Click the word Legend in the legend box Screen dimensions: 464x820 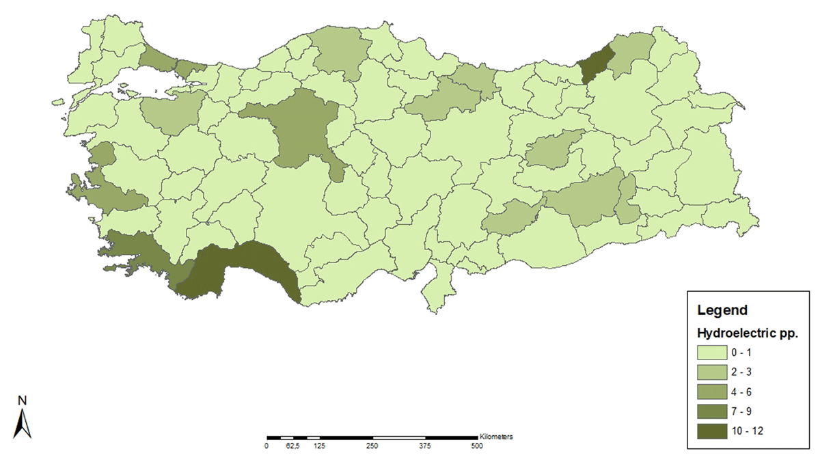click(722, 310)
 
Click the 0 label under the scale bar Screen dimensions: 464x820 click(266, 446)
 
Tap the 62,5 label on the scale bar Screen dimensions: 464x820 click(292, 446)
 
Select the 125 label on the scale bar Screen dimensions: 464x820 click(319, 446)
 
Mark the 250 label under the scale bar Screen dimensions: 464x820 click(372, 446)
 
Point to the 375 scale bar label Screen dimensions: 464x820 click(424, 446)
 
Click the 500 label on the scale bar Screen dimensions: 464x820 click(477, 446)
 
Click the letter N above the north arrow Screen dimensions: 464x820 click(22, 400)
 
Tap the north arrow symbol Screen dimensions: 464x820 click(23, 423)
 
